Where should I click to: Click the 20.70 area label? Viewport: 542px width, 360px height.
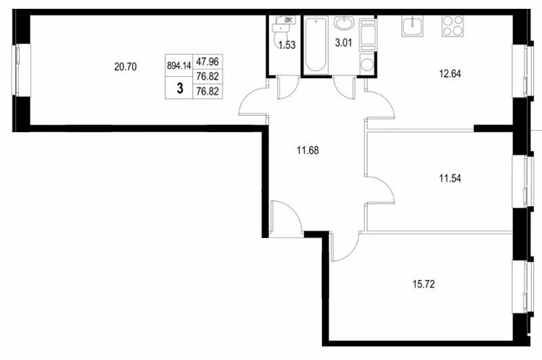pos(125,66)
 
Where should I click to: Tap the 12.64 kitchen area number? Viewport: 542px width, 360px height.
pos(450,74)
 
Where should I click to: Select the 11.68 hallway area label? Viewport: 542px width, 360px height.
pos(308,151)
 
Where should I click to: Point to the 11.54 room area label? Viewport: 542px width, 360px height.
pos(450,178)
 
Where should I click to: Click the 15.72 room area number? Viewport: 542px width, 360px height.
pos(423,284)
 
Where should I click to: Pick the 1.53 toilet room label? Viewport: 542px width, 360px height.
pos(287,45)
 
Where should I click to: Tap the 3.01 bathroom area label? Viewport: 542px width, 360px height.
pos(343,43)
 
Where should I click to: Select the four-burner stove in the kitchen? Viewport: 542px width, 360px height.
pos(453,26)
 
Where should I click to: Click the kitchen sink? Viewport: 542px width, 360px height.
pos(413,26)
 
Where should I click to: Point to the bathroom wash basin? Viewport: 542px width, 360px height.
pos(343,24)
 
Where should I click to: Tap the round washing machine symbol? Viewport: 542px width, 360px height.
pos(367,64)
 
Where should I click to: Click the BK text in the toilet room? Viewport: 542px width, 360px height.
pos(288,20)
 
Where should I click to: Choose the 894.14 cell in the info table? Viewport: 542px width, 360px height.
pos(179,65)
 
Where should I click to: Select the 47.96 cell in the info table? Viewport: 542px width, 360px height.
pos(207,62)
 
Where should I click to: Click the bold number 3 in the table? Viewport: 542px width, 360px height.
pos(180,89)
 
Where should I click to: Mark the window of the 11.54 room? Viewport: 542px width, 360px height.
pos(520,182)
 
